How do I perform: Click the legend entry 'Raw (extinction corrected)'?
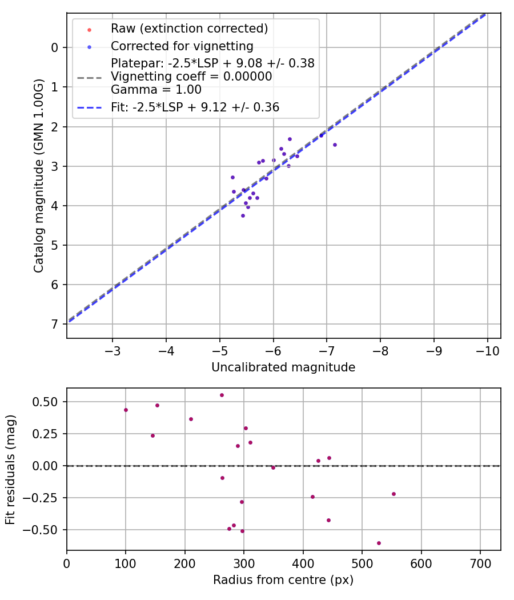[189, 28]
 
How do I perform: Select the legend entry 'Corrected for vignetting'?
[182, 46]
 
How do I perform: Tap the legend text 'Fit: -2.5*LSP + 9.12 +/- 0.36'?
[195, 107]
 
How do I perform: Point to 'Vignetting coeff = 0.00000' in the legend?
[191, 77]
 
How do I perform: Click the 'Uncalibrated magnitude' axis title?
[283, 367]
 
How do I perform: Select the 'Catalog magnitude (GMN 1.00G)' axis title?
[39, 176]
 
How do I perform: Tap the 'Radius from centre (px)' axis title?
[283, 580]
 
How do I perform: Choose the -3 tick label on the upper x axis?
[113, 349]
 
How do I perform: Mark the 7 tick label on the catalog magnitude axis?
[55, 324]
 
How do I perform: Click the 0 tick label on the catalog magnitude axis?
[55, 47]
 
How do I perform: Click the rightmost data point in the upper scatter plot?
[335, 145]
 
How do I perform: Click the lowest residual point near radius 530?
[379, 543]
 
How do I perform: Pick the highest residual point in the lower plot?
[222, 395]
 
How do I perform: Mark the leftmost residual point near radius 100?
[126, 410]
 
